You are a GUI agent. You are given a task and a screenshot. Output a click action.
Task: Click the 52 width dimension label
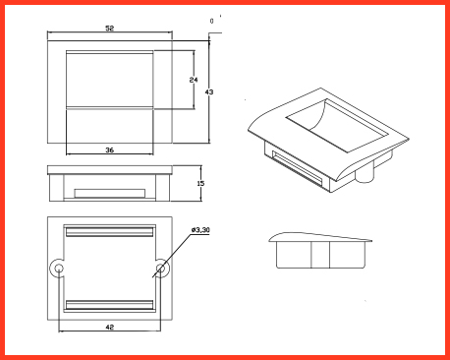point(110,29)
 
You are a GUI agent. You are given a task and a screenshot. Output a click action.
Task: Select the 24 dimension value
point(194,80)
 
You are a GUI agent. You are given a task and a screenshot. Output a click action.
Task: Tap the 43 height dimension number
point(209,92)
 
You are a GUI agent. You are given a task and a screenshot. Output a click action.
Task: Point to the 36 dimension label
point(110,150)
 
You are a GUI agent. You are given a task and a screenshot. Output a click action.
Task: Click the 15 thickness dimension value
point(200,183)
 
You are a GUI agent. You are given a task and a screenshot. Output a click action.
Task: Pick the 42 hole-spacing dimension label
point(110,327)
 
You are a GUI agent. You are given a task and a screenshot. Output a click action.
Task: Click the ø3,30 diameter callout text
point(200,230)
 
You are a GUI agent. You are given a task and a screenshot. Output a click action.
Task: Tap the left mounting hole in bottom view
point(59,269)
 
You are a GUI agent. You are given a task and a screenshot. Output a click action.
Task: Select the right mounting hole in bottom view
point(160,269)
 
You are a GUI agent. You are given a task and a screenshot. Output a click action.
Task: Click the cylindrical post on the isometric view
point(365,172)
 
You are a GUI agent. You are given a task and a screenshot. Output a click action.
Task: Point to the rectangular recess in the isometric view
point(337,125)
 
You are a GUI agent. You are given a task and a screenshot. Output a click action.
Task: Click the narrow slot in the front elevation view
point(110,194)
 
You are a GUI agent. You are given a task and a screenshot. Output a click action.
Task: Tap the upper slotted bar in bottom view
point(110,231)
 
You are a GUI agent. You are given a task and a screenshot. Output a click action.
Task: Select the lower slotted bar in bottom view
point(110,305)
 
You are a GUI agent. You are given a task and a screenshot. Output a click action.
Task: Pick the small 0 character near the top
point(211,21)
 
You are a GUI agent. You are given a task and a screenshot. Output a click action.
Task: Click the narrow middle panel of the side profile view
point(320,255)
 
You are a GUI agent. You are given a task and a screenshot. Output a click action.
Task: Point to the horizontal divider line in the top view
point(110,108)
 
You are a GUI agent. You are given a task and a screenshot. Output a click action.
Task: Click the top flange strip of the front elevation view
point(110,170)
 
